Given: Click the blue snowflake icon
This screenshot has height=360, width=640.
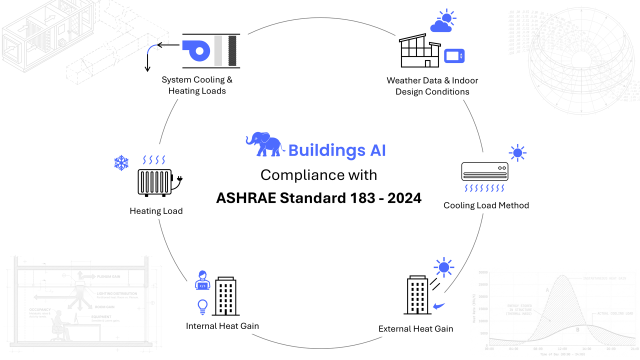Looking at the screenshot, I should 121,162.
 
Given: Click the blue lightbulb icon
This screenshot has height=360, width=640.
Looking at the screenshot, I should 202,306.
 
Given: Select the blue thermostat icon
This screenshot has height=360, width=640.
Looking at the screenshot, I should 454,55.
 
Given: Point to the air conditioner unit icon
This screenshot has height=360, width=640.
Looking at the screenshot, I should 484,171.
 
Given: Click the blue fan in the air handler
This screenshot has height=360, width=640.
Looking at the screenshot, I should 196,50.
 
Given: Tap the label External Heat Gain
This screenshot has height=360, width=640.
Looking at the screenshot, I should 415,328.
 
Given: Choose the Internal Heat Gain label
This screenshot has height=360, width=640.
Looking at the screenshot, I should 222,326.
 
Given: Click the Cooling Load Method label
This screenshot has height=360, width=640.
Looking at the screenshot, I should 486,205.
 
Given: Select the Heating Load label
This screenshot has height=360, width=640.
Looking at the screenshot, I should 156,211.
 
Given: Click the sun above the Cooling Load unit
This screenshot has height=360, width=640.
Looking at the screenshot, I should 517,152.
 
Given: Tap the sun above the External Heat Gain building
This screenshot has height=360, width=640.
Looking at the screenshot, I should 443,267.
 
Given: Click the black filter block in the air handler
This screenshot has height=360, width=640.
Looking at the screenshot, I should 232,50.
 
